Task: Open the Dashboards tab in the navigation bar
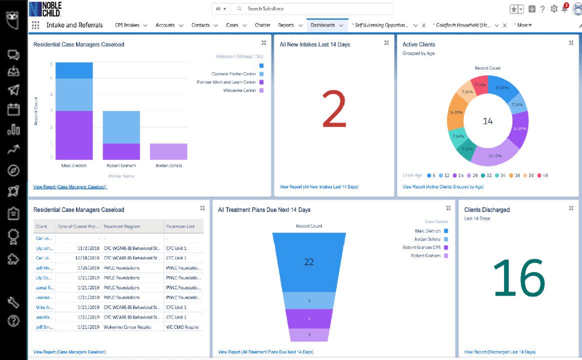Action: [322, 25]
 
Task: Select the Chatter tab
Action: [262, 25]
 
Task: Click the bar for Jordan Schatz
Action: [168, 151]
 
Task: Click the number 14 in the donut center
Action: [487, 121]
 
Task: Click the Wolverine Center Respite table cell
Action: [132, 327]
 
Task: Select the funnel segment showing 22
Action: [309, 262]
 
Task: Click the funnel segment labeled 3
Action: [309, 335]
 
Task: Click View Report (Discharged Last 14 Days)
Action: [499, 352]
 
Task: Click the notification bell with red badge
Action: [565, 8]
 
